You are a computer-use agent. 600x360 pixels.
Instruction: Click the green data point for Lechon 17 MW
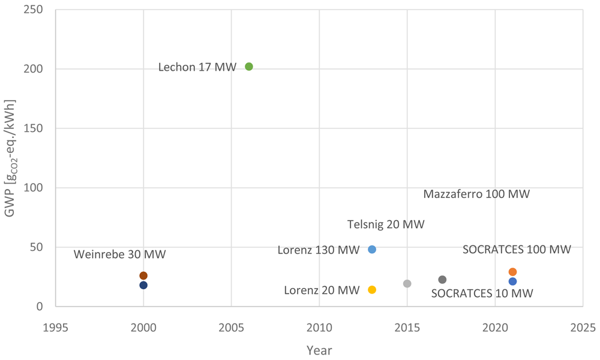click(x=249, y=67)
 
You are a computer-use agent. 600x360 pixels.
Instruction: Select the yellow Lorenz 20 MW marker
click(x=372, y=290)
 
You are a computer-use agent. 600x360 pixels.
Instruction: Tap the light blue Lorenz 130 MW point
click(x=372, y=250)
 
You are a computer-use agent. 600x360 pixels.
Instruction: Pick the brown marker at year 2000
click(x=143, y=275)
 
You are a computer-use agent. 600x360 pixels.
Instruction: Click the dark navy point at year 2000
click(x=143, y=285)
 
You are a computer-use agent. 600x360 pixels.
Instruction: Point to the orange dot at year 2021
click(x=513, y=272)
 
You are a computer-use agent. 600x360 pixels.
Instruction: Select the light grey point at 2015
click(x=407, y=283)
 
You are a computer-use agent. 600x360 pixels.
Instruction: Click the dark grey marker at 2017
click(x=442, y=280)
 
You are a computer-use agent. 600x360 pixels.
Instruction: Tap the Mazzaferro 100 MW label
click(x=476, y=194)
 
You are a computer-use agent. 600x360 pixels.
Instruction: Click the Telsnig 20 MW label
click(x=386, y=224)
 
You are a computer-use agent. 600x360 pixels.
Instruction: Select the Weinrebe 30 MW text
click(x=120, y=254)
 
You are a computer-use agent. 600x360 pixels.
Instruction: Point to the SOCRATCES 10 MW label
click(x=482, y=293)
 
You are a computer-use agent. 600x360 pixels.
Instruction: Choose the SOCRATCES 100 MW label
click(x=517, y=250)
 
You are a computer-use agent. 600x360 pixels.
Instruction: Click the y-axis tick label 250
click(x=33, y=10)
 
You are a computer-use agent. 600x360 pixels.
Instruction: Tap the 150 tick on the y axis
click(x=33, y=128)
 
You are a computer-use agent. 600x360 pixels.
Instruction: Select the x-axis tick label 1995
click(x=55, y=328)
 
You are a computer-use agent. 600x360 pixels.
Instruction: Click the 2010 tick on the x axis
click(x=319, y=328)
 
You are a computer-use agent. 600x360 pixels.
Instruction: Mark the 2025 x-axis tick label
click(x=583, y=328)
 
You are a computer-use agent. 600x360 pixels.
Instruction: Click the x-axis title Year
click(x=319, y=350)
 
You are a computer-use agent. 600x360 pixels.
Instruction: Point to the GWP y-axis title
click(x=10, y=158)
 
